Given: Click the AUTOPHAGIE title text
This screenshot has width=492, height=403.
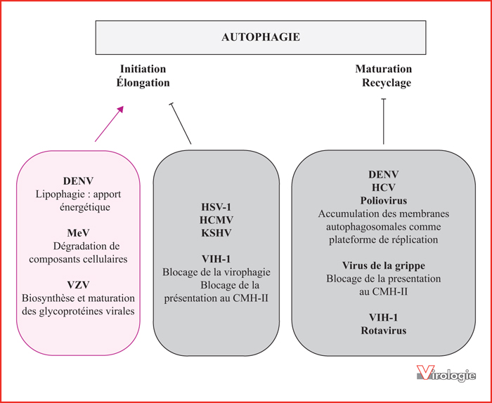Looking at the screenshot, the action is click(261, 37).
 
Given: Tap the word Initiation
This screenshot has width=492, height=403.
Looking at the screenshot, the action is click(143, 69).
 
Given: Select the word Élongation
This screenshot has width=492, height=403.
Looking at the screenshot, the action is click(143, 82).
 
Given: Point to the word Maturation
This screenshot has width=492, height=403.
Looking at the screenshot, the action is click(384, 69).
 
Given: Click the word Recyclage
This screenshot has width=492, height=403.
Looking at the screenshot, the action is click(387, 83).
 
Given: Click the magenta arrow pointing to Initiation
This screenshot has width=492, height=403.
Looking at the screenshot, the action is click(109, 124).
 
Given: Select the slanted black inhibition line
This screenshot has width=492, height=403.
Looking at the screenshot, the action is click(181, 124).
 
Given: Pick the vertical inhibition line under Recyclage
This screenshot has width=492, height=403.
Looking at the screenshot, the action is click(384, 121).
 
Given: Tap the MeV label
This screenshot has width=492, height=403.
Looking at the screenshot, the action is click(78, 233).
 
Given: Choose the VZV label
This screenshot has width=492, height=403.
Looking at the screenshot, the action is click(78, 285).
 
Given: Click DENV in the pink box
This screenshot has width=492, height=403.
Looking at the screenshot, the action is click(78, 181).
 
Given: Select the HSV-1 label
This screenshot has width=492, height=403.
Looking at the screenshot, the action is click(216, 207).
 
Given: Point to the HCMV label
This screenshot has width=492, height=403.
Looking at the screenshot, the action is click(216, 220).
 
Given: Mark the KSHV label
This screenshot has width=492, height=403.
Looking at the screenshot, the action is click(216, 233).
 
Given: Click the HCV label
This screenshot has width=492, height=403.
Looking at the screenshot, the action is click(384, 187).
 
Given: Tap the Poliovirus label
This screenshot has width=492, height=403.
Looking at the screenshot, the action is click(384, 201).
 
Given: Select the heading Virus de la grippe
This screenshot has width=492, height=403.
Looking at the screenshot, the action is click(384, 266).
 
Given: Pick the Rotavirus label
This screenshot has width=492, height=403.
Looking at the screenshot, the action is click(384, 331).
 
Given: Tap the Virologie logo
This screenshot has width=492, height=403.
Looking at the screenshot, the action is click(446, 374).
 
